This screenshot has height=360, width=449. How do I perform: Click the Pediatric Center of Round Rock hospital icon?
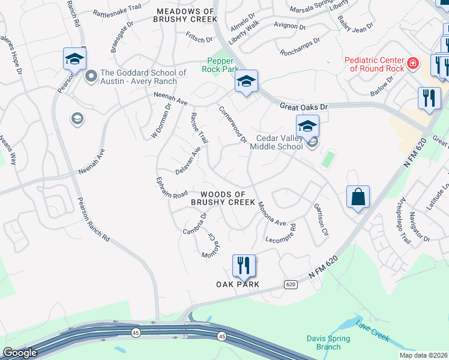[413, 63]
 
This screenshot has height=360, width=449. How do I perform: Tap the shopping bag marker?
[358, 197]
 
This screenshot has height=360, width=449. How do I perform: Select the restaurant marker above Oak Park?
[244, 265]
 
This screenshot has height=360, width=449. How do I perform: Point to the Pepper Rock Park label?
[223, 65]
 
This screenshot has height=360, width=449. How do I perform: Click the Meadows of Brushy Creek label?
[185, 16]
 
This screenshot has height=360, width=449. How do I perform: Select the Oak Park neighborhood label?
[238, 284]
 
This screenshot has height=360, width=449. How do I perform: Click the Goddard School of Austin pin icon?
[91, 76]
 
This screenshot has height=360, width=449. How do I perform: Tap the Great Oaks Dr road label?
[305, 107]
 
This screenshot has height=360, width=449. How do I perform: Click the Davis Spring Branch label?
[324, 343]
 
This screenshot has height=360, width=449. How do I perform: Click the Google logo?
[20, 352]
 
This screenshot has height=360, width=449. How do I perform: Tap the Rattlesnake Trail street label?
[117, 10]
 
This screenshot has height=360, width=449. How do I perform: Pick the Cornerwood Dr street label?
[233, 125]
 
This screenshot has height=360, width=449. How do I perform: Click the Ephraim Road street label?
[172, 187]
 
